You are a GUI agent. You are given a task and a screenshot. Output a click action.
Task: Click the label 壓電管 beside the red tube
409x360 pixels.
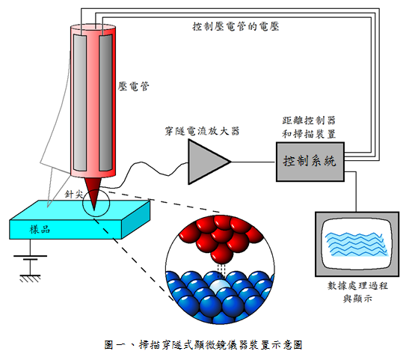pyautogui.click(x=135, y=86)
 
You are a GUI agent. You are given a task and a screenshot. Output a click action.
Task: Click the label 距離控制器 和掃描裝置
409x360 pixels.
pyautogui.click(x=309, y=126)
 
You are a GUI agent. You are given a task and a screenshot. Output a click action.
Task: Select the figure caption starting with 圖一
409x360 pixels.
pyautogui.click(x=203, y=345)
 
